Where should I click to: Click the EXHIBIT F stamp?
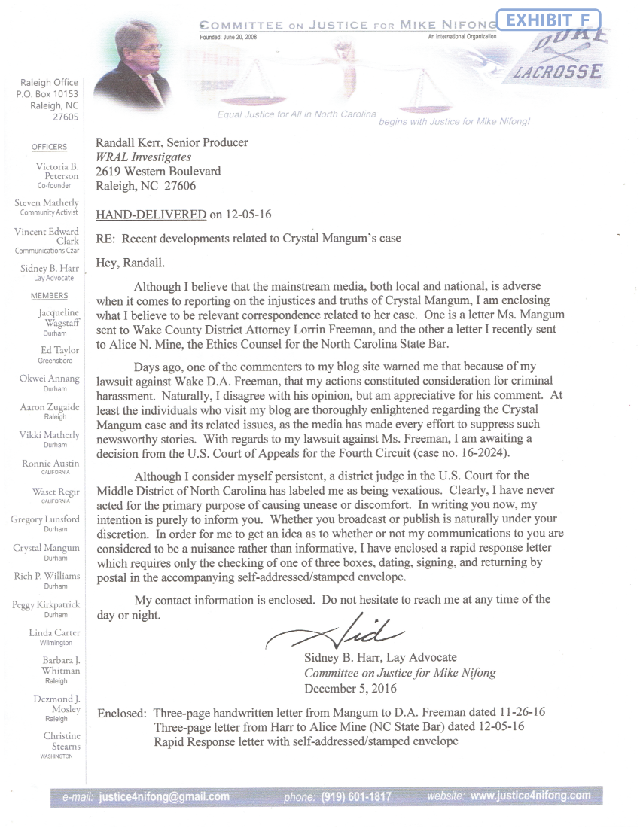549,20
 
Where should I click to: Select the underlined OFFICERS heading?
49,147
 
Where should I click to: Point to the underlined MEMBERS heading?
49,296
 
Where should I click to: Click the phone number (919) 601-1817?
356,796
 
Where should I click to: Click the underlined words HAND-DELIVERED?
151,215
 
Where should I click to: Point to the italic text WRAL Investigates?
143,157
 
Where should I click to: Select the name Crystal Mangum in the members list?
47,548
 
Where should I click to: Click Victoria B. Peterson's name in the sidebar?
57,171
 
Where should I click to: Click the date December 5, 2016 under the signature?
351,688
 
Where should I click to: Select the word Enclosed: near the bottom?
123,713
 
